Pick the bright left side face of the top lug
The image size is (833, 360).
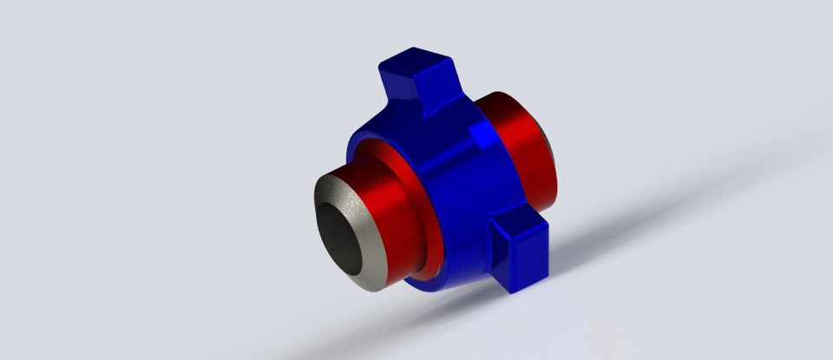click(395, 82)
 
